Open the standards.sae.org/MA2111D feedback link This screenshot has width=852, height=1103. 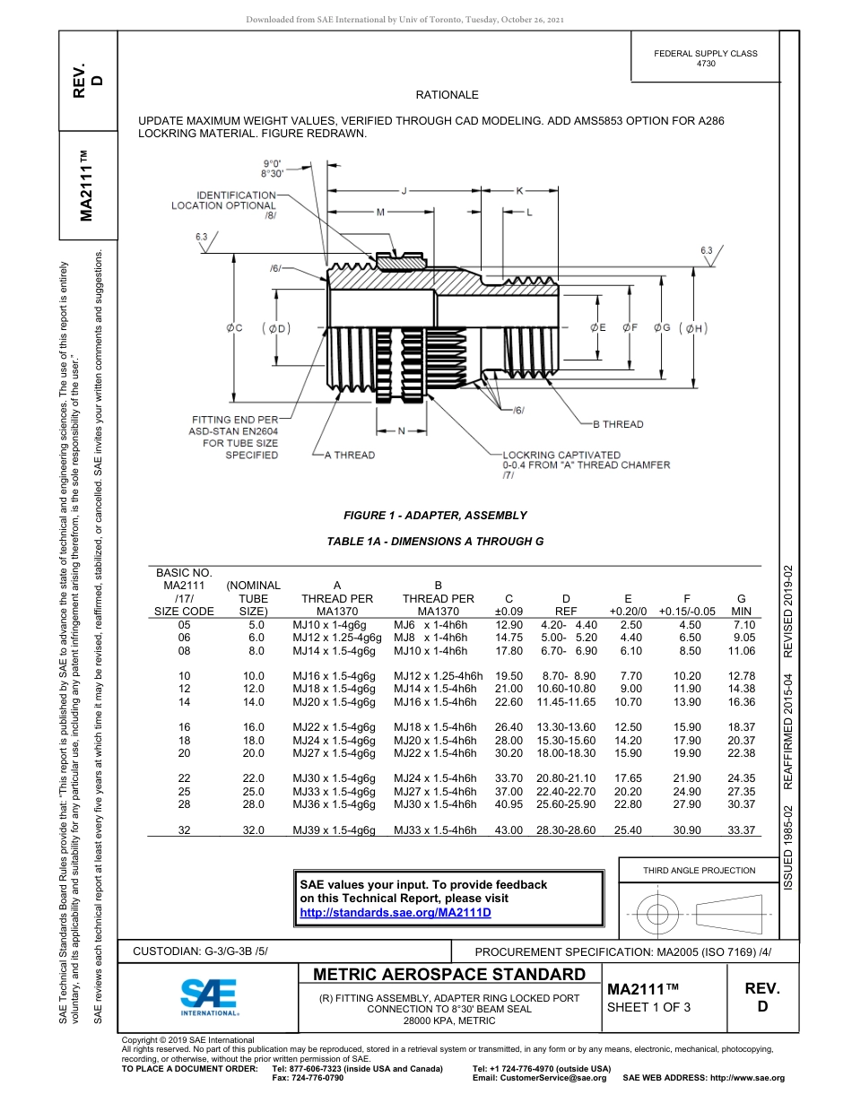click(396, 913)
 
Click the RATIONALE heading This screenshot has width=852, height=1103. click(447, 95)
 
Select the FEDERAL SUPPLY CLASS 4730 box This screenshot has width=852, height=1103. click(705, 58)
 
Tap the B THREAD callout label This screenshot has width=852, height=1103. click(618, 424)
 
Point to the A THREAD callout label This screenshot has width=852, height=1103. click(349, 456)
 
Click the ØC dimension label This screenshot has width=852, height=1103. click(234, 329)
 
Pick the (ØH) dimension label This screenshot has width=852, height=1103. click(694, 329)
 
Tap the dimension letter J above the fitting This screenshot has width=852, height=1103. click(404, 191)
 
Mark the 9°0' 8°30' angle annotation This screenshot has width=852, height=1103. click(274, 168)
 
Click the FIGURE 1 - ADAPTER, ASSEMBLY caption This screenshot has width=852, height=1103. click(435, 516)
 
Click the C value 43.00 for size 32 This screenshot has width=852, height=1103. click(509, 830)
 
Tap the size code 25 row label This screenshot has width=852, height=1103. click(185, 792)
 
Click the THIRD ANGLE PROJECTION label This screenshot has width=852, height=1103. click(699, 870)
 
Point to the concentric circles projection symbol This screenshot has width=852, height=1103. click(658, 914)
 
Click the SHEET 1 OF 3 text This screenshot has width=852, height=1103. click(648, 1006)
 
